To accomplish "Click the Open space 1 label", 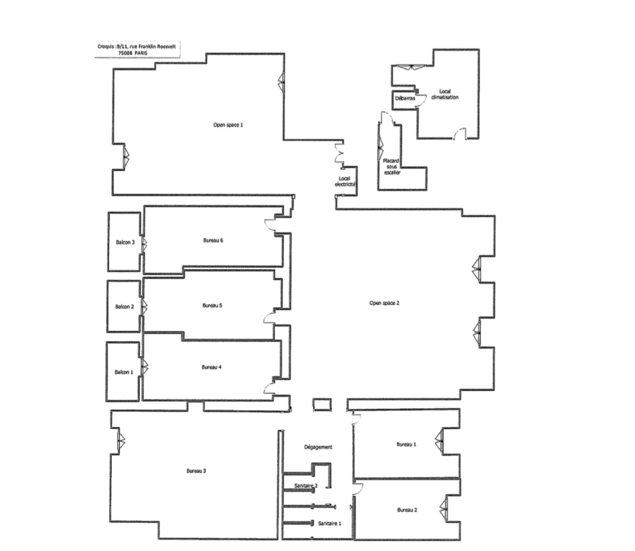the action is [228, 125].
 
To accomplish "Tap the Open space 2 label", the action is [385, 303].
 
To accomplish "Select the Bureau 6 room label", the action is [213, 240].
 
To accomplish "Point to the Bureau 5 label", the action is [212, 306].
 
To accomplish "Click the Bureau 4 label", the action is [211, 367].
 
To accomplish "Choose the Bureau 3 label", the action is [196, 471].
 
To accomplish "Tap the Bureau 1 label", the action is [406, 444].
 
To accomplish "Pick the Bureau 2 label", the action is [407, 510].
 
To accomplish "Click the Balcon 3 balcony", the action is [124, 242].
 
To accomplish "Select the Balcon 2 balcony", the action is [124, 307].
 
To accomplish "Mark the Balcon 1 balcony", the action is [123, 371].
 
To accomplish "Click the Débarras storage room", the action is [405, 100].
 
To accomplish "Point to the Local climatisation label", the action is [444, 94].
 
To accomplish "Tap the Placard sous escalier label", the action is [391, 167].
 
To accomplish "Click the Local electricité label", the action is [345, 181].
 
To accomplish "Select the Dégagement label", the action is [318, 447].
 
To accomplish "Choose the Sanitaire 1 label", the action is [330, 524].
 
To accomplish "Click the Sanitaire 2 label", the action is [306, 485].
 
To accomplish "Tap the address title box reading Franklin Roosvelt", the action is [137, 49].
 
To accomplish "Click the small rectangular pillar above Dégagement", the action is [322, 405].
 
